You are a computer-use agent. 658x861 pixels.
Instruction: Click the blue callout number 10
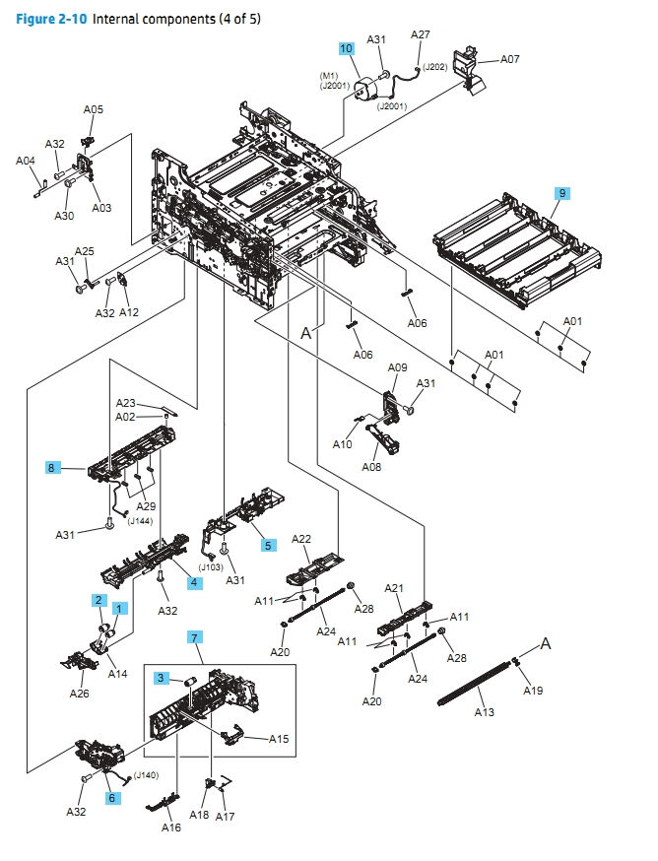pyautogui.click(x=346, y=47)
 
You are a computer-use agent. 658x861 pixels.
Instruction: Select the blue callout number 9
pyautogui.click(x=561, y=193)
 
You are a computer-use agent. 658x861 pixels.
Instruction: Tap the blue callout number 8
pyautogui.click(x=51, y=467)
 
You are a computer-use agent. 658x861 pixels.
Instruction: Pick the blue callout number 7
pyautogui.click(x=195, y=639)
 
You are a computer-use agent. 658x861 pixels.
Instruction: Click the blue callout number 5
pyautogui.click(x=268, y=544)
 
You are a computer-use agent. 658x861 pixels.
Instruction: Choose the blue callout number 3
pyautogui.click(x=160, y=678)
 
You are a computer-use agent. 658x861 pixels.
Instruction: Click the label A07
pyautogui.click(x=509, y=59)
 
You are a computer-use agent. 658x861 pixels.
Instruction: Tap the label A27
pyautogui.click(x=421, y=34)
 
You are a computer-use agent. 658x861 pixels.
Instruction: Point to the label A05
pyautogui.click(x=93, y=110)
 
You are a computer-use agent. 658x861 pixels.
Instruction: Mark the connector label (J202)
pyautogui.click(x=435, y=68)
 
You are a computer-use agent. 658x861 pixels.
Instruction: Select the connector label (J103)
pyautogui.click(x=211, y=566)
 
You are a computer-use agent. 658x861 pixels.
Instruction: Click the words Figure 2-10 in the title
pyautogui.click(x=51, y=19)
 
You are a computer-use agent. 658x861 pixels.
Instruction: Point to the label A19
pyautogui.click(x=533, y=691)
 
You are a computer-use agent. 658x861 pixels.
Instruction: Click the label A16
pyautogui.click(x=171, y=828)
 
